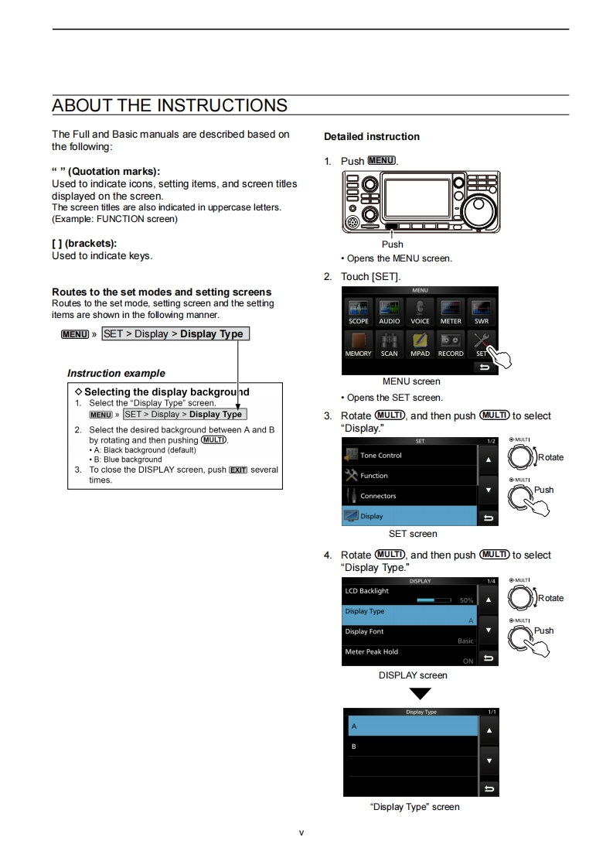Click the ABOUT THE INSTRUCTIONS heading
coord(169,105)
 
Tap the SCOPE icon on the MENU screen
coord(358,310)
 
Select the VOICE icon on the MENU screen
coord(420,310)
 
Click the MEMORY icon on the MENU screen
coord(358,343)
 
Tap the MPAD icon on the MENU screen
coord(420,343)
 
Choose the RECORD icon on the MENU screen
coord(451,343)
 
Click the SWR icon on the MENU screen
coord(481,310)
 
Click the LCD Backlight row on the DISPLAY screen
coord(410,595)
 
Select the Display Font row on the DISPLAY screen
coord(410,635)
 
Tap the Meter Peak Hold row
coord(410,655)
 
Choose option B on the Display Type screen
coord(410,747)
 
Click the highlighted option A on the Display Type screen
coord(410,726)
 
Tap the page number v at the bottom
coord(301,832)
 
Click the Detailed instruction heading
coord(372,137)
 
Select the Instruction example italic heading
coord(116,374)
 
